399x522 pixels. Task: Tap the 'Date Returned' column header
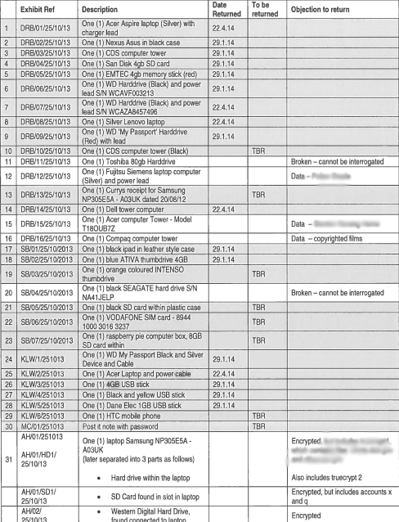tap(225, 11)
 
